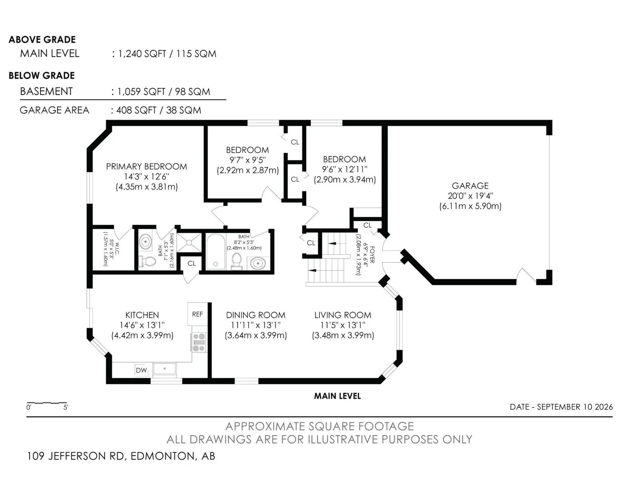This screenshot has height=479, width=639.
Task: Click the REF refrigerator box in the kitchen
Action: tap(197, 314)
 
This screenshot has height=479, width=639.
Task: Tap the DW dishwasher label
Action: tap(141, 370)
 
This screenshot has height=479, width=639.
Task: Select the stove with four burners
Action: tap(199, 342)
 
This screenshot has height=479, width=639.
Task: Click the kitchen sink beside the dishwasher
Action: tap(165, 369)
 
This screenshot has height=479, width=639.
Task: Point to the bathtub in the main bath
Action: tap(215, 252)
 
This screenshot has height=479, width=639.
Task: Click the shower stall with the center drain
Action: tap(189, 242)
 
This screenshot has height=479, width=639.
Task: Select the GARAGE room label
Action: tap(470, 186)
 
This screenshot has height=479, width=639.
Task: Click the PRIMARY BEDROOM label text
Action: tap(147, 166)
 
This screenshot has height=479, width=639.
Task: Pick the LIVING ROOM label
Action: tap(343, 315)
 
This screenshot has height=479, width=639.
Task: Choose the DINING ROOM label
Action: tap(256, 315)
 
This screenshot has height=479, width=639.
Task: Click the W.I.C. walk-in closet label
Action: tap(117, 249)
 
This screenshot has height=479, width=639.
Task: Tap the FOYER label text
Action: tap(372, 255)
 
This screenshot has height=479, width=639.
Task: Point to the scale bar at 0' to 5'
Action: tap(47, 403)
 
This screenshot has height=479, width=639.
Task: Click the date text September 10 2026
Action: tap(561, 407)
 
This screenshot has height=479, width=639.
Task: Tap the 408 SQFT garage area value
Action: tap(136, 110)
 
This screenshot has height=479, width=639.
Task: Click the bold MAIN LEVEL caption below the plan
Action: tap(337, 396)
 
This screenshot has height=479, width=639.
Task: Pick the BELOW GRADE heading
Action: tap(42, 75)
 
